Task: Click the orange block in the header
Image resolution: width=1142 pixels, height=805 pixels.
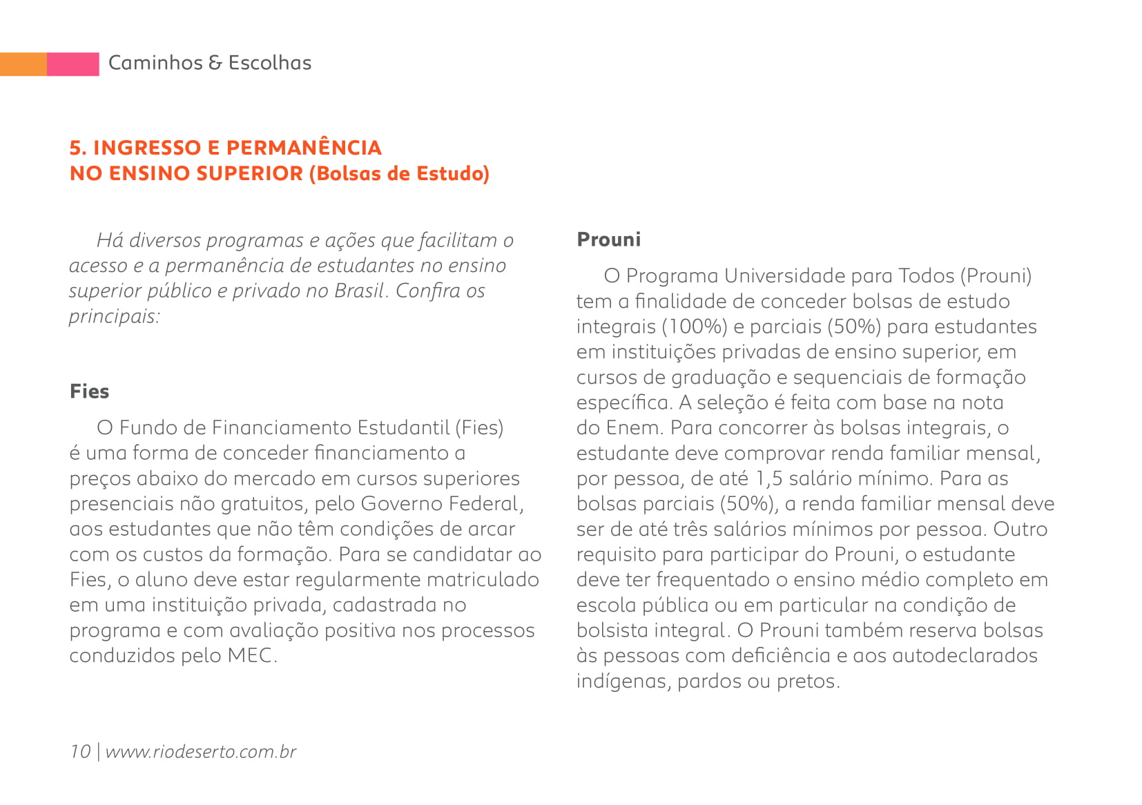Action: point(23,64)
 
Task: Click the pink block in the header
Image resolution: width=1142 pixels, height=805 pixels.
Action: point(73,64)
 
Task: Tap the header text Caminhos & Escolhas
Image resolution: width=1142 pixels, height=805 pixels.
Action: point(210,63)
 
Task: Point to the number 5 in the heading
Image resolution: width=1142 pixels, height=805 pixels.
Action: point(75,148)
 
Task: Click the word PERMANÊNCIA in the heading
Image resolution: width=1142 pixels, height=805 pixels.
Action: point(304,148)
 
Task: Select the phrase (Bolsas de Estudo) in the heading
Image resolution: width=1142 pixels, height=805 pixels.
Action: point(399,173)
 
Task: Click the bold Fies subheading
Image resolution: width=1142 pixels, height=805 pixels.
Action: point(90,391)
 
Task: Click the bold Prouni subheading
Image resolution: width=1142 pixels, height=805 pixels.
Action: point(609,240)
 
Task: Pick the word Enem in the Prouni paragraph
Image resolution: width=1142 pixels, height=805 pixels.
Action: point(634,428)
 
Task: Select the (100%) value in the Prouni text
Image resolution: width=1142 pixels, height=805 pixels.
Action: point(695,327)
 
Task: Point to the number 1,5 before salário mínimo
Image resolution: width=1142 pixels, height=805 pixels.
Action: point(768,478)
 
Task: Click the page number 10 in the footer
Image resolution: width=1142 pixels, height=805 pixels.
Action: point(80,751)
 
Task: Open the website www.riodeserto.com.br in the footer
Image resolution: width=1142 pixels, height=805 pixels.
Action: point(200,751)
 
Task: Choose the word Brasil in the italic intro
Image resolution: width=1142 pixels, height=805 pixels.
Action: point(358,291)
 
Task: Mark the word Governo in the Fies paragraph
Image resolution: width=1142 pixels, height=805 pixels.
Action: point(403,504)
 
